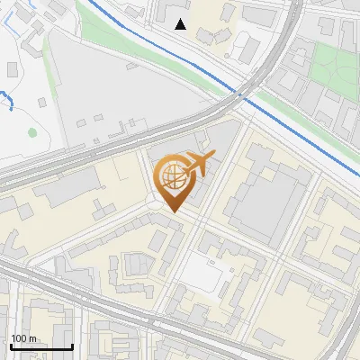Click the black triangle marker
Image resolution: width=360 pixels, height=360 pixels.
pos(181,24)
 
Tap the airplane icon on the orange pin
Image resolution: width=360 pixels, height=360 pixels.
pos(199,163)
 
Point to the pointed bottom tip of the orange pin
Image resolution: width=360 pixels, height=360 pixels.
pos(171,211)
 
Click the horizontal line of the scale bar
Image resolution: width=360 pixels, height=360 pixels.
pos(41,347)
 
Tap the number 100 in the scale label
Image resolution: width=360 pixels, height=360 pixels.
pos(18,338)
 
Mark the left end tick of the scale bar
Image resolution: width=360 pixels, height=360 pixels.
pos(10,345)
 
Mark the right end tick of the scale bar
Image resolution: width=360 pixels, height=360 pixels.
pos(72,345)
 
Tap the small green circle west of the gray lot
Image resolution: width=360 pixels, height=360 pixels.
pos(32,133)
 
